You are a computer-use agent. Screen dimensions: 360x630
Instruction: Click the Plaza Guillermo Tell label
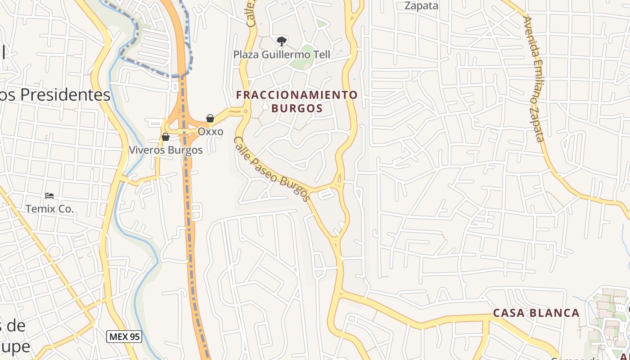tap(282, 55)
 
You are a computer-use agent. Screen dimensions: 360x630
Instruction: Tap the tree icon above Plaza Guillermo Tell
tap(282, 41)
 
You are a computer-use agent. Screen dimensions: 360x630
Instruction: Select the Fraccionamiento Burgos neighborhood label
tap(297, 101)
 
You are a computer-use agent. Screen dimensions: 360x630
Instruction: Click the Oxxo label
tap(210, 132)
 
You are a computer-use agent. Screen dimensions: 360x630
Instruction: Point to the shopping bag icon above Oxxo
tap(210, 118)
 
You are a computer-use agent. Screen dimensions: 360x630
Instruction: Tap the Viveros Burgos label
tap(166, 150)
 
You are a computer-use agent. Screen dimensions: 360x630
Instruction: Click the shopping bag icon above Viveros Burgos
tap(166, 137)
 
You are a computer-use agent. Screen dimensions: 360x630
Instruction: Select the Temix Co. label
tap(49, 209)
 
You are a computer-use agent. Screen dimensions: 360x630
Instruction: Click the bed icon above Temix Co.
tap(49, 196)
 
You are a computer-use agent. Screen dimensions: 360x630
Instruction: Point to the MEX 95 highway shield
tap(124, 336)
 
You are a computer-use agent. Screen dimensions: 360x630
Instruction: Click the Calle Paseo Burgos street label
tap(272, 169)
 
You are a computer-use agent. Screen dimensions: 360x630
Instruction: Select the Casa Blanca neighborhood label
tap(536, 313)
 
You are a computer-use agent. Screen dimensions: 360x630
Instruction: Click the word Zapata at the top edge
tap(421, 5)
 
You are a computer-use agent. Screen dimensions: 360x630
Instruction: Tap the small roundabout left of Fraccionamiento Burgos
tap(246, 111)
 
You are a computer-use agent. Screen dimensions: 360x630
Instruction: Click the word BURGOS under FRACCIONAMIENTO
tap(297, 108)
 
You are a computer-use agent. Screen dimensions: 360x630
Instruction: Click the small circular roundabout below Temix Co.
tap(54, 251)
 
